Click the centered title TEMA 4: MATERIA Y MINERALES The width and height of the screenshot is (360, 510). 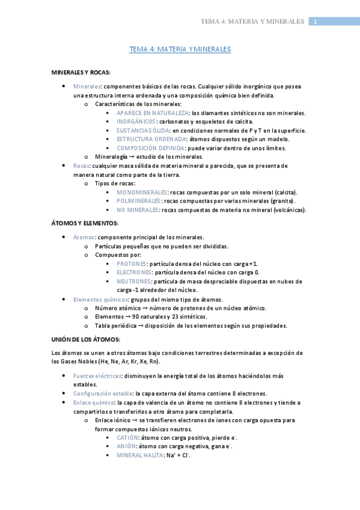(x=180, y=49)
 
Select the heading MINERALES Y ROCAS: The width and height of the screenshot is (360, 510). (x=81, y=72)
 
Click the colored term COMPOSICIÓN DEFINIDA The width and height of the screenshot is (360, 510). (x=151, y=148)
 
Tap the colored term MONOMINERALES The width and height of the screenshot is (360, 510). (x=142, y=192)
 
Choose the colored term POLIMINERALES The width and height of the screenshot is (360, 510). (x=138, y=201)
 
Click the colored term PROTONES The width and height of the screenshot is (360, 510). (x=132, y=264)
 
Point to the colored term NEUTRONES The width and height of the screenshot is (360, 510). (x=134, y=281)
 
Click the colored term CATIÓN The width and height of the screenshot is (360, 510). (x=127, y=438)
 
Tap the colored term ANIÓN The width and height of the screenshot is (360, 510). (x=126, y=447)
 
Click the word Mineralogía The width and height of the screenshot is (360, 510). (x=112, y=157)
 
